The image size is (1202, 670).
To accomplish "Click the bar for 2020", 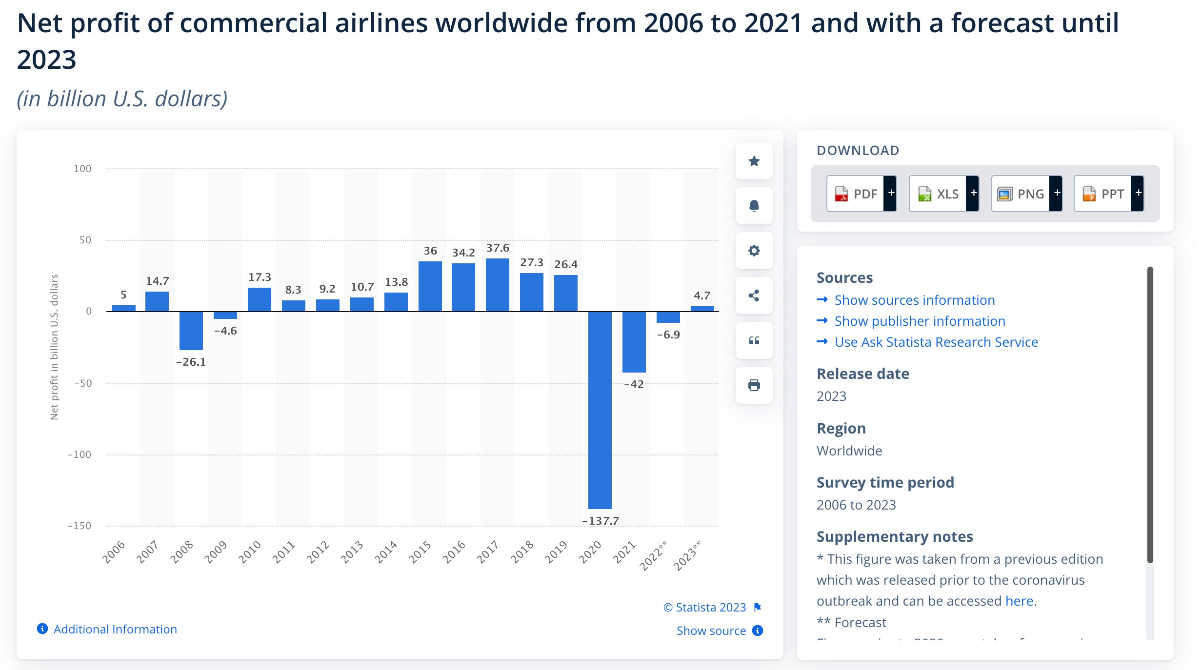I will [600, 410].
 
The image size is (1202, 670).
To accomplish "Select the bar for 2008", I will [191, 331].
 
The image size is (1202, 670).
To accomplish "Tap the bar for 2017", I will [497, 285].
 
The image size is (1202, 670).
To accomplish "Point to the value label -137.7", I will [600, 521].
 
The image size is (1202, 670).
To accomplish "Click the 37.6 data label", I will [497, 248].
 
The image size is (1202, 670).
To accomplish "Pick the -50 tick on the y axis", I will [83, 383].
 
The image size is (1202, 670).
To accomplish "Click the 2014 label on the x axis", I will [385, 552].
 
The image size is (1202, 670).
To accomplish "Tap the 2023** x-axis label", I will [687, 555].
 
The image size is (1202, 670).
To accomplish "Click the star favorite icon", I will [754, 161].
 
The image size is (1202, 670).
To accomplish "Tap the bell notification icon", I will [754, 206].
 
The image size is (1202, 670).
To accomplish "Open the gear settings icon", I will [754, 251].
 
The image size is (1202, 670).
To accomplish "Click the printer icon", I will [754, 385].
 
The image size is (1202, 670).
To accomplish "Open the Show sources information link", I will [914, 300].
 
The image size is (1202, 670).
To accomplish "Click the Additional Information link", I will [115, 629].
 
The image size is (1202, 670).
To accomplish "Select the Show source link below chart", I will [711, 631].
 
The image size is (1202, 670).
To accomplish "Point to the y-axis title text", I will [54, 347].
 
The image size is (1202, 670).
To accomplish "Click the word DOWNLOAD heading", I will [858, 150].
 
